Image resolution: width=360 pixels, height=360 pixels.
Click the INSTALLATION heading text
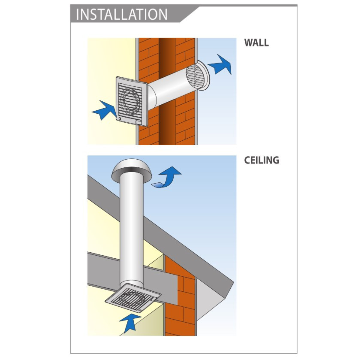pos(121,14)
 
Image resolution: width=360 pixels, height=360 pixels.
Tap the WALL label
pos(256,43)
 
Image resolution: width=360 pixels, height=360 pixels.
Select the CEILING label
pos(261,160)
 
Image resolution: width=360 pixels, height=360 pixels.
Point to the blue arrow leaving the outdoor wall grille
pos(220,64)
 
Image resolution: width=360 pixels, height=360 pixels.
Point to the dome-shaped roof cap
pos(131,167)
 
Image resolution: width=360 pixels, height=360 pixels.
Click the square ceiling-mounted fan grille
pos(132,297)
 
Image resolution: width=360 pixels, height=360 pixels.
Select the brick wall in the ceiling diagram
pos(180,300)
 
